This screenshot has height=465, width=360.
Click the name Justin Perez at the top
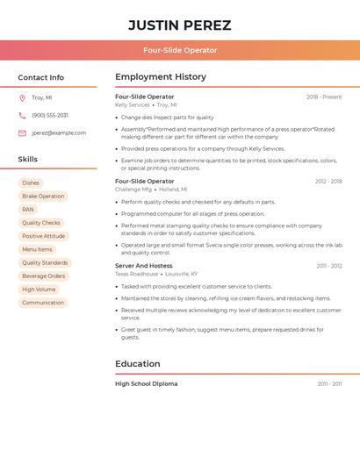[x=180, y=25]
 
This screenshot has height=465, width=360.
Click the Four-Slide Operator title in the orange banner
[x=180, y=50]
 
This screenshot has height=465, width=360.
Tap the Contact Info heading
[x=41, y=77]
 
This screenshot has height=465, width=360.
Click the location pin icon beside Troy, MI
[x=22, y=97]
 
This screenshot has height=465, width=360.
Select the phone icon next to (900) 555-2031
[x=22, y=115]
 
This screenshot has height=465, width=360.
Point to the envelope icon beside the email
[x=22, y=133]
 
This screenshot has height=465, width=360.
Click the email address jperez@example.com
[x=59, y=133]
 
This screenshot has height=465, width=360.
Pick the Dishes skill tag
[x=31, y=183]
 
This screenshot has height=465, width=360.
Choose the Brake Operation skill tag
[x=43, y=197]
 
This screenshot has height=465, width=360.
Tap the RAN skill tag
[x=28, y=210]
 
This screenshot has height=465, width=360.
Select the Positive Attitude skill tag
[x=43, y=236]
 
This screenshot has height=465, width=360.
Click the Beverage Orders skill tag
[x=43, y=275]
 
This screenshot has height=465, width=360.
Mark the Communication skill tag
[x=43, y=303]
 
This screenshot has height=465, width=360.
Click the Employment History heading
[x=161, y=77]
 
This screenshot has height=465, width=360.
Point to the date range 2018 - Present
[x=324, y=97]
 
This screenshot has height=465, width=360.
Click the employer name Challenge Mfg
[x=133, y=190]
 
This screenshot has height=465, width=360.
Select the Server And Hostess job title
[x=144, y=266]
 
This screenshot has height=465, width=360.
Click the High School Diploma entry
[x=147, y=383]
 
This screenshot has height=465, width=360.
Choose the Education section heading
[x=138, y=363]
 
